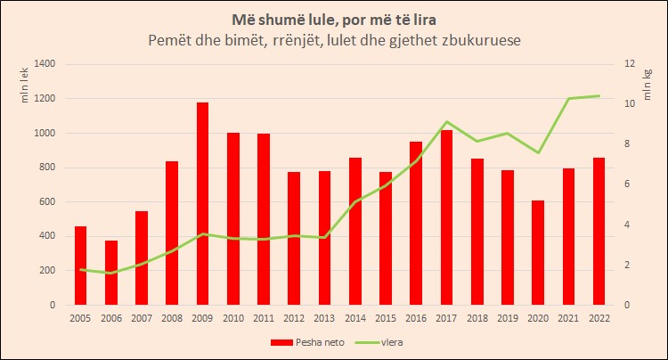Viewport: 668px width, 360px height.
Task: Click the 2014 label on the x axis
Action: [x=355, y=317]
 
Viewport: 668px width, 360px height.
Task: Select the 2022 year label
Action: [x=599, y=317]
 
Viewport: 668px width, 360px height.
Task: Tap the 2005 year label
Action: [x=81, y=317]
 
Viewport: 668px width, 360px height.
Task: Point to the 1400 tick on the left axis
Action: [x=44, y=64]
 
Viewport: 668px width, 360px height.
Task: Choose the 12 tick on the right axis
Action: [x=629, y=64]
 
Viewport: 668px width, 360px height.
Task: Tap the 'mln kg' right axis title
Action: [x=648, y=86]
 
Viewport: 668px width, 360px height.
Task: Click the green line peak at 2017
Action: [x=446, y=122]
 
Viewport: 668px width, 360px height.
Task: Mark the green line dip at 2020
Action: [x=538, y=152]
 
